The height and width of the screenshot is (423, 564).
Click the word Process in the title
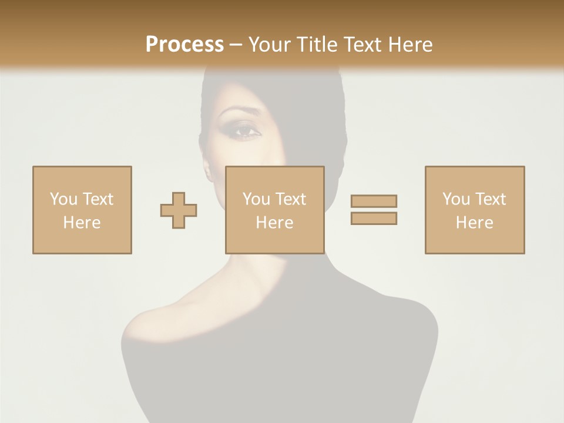184,45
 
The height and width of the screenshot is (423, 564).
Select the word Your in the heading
271,45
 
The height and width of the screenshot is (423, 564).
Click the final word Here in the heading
411,45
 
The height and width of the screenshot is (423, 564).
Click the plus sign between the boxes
179,210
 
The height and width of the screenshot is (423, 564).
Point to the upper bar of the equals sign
374,201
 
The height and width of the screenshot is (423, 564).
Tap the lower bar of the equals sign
374,218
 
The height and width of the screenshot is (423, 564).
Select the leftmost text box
82,210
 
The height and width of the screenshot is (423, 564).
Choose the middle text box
274,210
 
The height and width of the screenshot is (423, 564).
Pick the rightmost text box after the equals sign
474,210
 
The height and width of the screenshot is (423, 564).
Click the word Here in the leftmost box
82,223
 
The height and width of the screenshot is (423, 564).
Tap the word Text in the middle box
290,199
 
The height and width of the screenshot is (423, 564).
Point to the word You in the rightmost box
456,199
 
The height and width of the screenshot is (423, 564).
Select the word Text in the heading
361,45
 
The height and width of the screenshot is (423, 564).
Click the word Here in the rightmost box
474,223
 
